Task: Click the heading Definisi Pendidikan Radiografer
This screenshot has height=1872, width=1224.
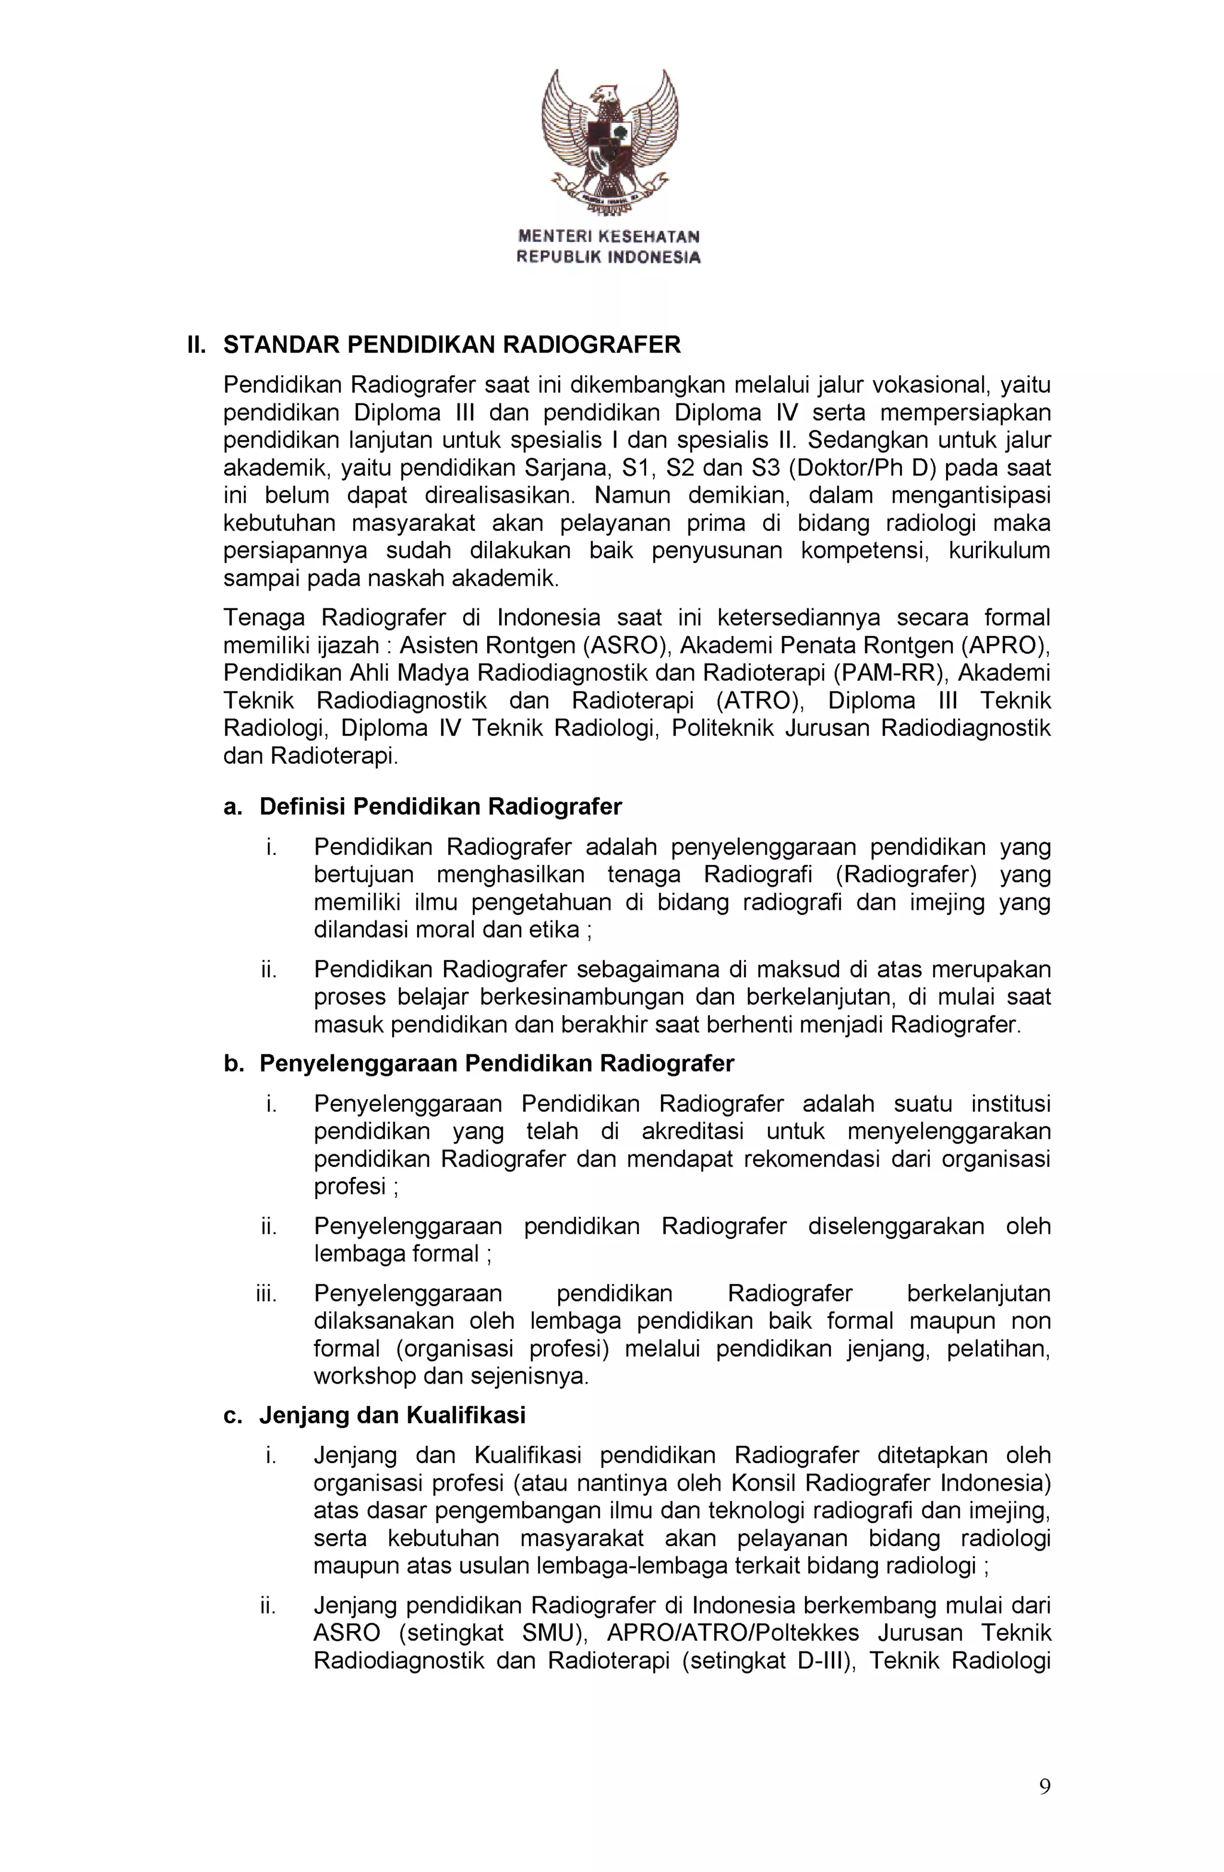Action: pos(440,806)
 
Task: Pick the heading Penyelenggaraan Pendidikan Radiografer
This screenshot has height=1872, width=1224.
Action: pos(497,1063)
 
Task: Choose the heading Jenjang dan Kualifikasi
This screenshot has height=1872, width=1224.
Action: pos(391,1415)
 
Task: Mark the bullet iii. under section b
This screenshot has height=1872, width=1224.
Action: pos(266,1294)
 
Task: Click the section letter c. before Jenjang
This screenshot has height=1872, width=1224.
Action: pos(231,1415)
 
